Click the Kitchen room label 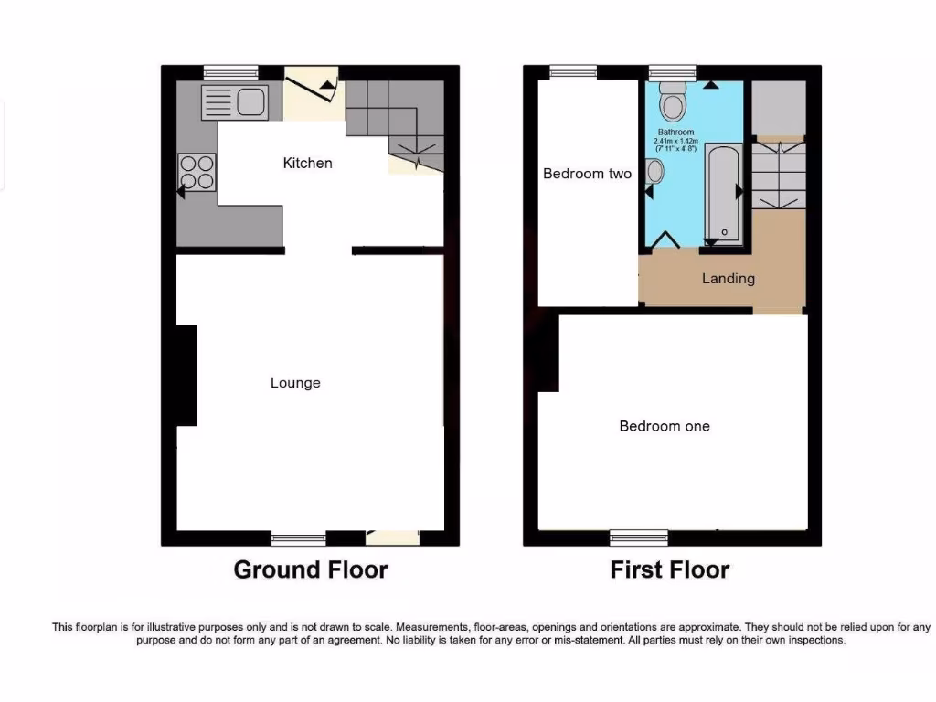click(x=307, y=164)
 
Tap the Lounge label click(x=295, y=383)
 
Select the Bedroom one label click(x=665, y=426)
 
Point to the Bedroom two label click(x=587, y=174)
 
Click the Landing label click(x=729, y=278)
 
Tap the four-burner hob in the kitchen click(x=196, y=172)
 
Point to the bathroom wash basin click(x=655, y=171)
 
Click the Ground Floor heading click(x=311, y=570)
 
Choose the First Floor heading click(x=670, y=570)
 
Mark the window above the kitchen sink click(x=230, y=72)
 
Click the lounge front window click(x=299, y=538)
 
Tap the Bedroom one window click(x=639, y=537)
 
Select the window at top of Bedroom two click(x=573, y=72)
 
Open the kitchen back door click(x=312, y=94)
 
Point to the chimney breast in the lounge click(x=186, y=375)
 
